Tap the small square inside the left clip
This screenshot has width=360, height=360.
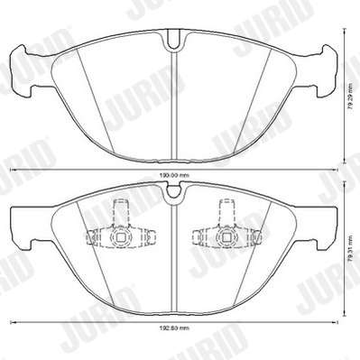pos(120,238)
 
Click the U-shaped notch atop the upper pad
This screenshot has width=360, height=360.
pos(172,41)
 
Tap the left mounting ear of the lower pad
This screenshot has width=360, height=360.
pos(22,226)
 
